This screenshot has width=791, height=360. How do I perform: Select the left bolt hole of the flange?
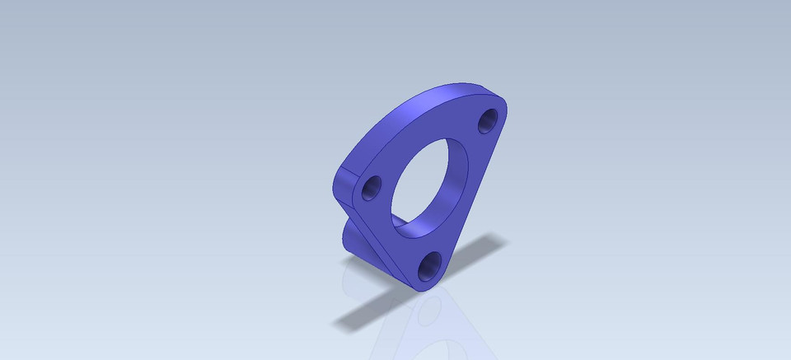click(371, 188)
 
